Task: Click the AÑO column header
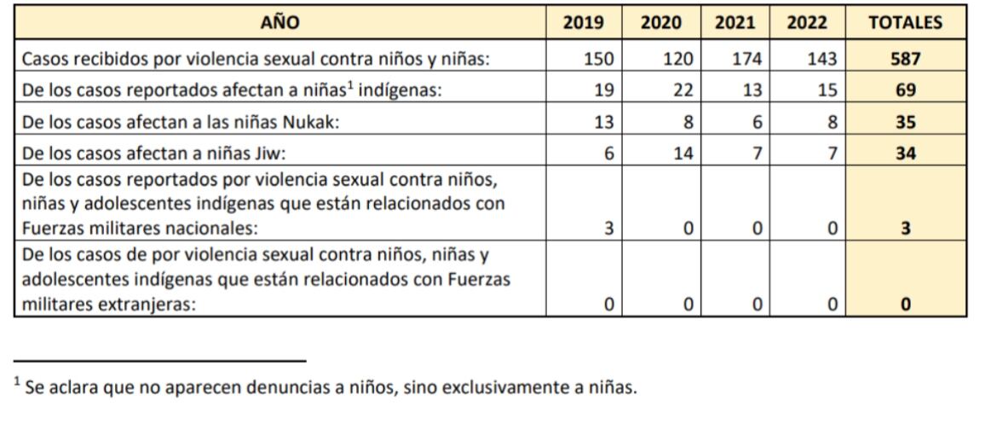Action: pyautogui.click(x=280, y=23)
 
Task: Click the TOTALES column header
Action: pyautogui.click(x=906, y=23)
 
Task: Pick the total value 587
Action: pyautogui.click(x=906, y=61)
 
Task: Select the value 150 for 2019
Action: pyautogui.click(x=599, y=61)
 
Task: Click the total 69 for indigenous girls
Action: pyautogui.click(x=906, y=91)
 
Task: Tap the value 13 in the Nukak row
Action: pyautogui.click(x=603, y=122)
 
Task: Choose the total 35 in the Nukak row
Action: pyautogui.click(x=906, y=122)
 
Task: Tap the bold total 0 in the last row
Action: pyautogui.click(x=906, y=304)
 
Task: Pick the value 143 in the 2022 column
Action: pyautogui.click(x=822, y=61)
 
